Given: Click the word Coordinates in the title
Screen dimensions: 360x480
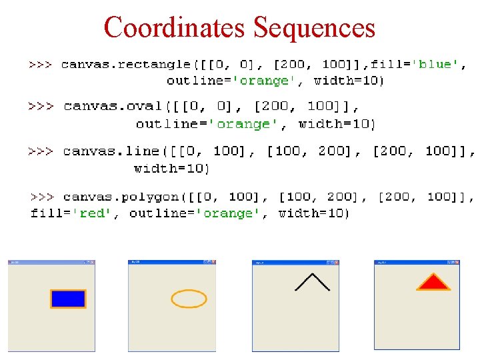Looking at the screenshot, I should [176, 28].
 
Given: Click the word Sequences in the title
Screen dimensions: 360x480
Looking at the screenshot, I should [315, 28].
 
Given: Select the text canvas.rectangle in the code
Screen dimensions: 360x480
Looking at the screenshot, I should [125, 65].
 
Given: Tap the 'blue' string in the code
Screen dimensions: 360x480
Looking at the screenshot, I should [437, 65].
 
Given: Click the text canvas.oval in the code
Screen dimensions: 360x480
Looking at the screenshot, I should [113, 107].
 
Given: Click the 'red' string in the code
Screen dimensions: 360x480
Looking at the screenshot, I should [93, 213].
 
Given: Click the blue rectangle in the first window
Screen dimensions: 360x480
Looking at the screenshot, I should [69, 299].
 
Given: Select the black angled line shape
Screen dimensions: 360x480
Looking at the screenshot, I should [312, 281].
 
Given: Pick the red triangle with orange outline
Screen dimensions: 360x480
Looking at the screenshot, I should [433, 283].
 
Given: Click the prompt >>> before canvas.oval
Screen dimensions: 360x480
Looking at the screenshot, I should [42, 107].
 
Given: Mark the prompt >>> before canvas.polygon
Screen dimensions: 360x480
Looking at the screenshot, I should [43, 197].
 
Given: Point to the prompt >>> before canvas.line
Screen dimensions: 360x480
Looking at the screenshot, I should [41, 151].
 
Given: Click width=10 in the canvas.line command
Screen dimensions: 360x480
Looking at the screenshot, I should [171, 168].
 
